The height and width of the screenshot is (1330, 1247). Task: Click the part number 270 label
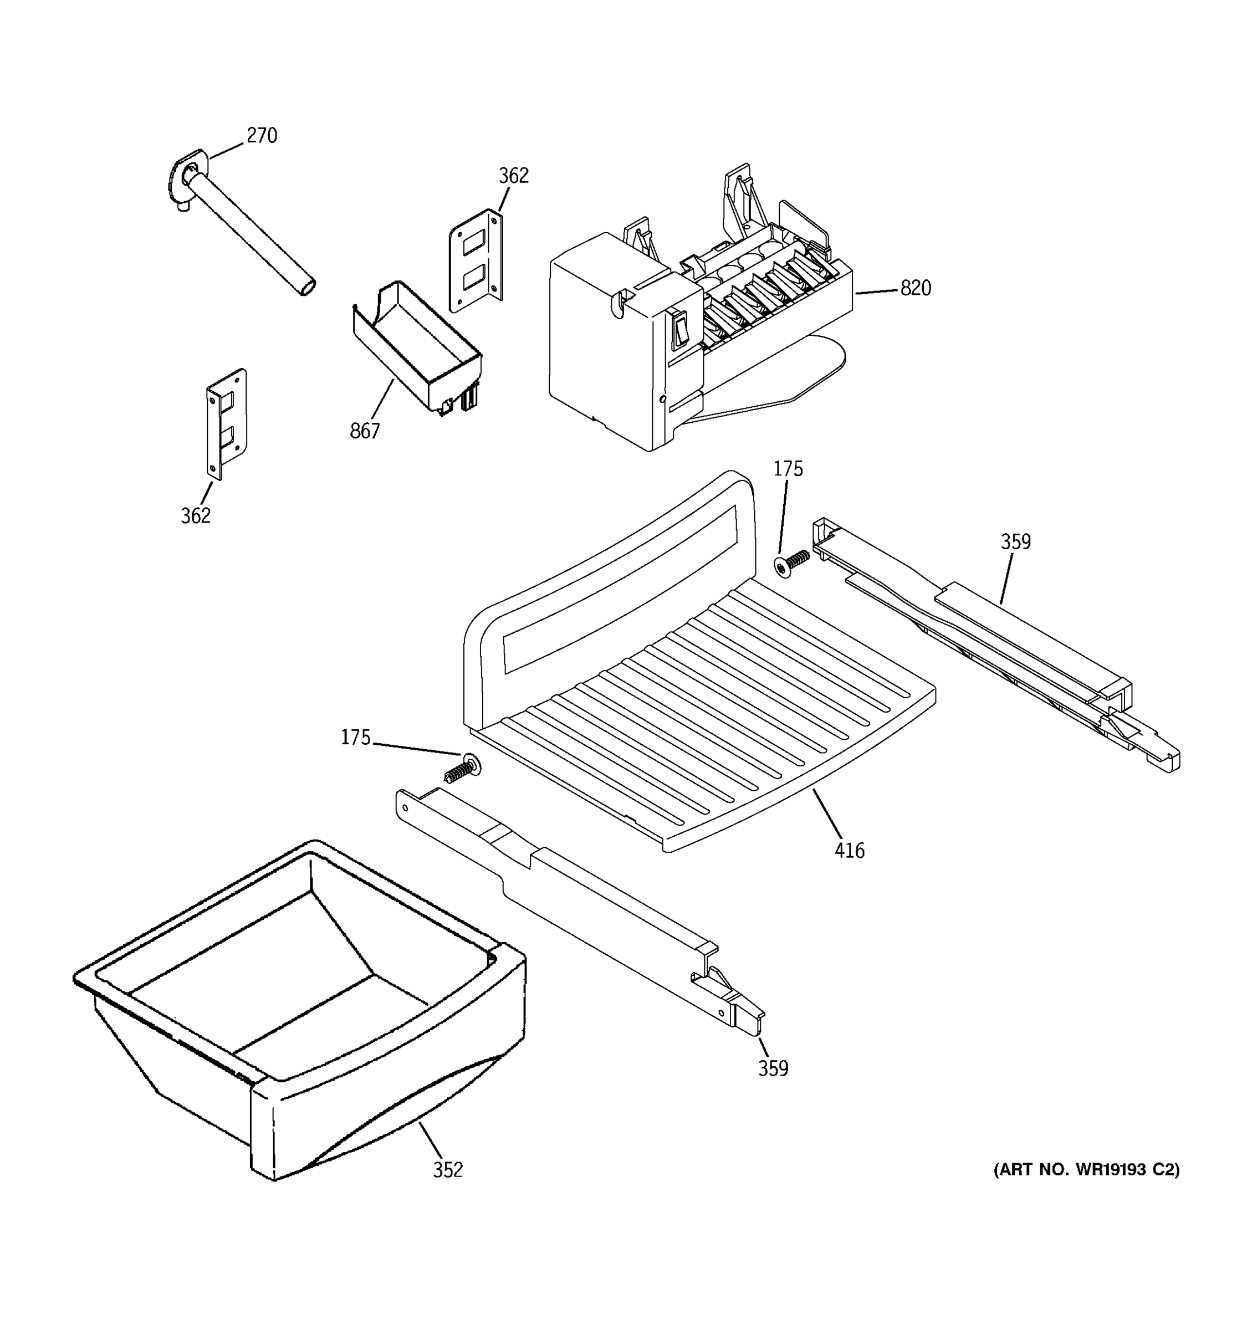click(x=262, y=136)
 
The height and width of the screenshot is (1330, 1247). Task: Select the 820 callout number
click(x=915, y=288)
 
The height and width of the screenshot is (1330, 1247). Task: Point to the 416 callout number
click(x=849, y=851)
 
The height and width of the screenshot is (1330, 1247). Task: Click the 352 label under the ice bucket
click(x=448, y=1170)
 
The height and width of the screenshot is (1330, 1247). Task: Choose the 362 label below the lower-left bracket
click(x=195, y=516)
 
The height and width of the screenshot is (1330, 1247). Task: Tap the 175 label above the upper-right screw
click(x=788, y=469)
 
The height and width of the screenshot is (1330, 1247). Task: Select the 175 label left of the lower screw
click(x=355, y=738)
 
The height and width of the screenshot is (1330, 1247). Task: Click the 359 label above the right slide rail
click(x=1015, y=542)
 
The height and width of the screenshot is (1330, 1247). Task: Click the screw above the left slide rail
click(x=463, y=769)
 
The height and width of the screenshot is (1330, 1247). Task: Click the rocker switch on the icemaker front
click(x=681, y=330)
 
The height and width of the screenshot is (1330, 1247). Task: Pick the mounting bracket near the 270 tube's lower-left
click(x=226, y=422)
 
